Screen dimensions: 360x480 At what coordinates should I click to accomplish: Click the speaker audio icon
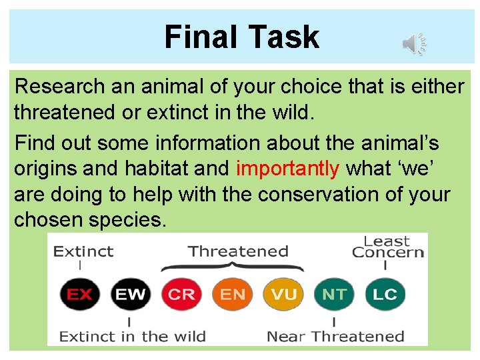click(x=413, y=45)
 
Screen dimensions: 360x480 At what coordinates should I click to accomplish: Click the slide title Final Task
click(x=241, y=37)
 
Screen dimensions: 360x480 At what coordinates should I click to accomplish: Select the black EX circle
click(x=79, y=294)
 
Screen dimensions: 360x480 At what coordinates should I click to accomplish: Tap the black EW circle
click(x=130, y=294)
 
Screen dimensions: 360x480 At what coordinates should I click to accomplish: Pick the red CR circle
click(x=181, y=294)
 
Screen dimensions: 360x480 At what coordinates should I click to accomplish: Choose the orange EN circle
click(x=232, y=294)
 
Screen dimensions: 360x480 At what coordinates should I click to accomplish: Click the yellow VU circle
click(x=283, y=294)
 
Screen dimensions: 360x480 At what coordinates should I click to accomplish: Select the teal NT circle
click(x=334, y=294)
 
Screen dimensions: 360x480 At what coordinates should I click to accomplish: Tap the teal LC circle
click(x=385, y=294)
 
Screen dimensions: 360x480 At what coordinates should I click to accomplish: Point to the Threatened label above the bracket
click(x=238, y=251)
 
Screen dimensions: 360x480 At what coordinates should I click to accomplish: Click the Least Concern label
click(x=387, y=247)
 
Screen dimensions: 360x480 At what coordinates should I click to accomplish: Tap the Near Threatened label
click(x=335, y=336)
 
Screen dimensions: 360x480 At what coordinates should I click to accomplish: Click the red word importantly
click(x=287, y=169)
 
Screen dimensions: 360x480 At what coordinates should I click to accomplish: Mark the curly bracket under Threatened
click(x=232, y=267)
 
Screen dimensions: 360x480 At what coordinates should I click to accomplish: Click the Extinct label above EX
click(x=83, y=251)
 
